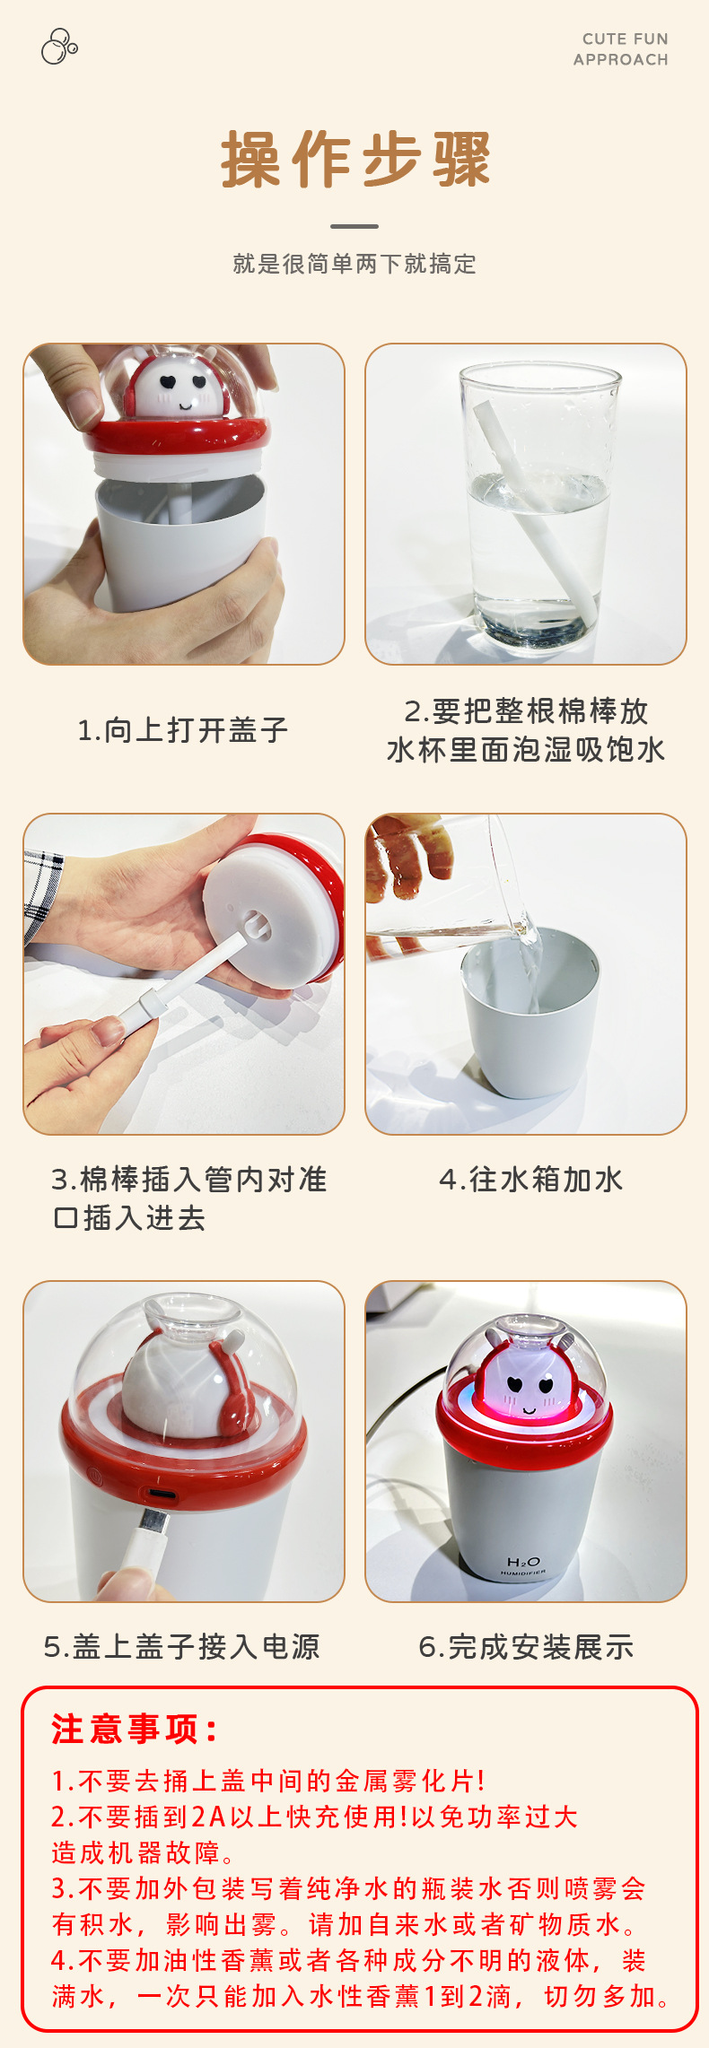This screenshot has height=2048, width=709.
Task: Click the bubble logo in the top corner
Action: tap(59, 47)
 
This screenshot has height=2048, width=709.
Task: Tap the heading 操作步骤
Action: tap(355, 160)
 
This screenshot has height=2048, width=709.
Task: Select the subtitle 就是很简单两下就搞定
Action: tap(354, 264)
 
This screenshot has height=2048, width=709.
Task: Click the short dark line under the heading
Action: tap(354, 226)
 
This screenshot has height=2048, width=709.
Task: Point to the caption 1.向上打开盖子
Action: tap(183, 730)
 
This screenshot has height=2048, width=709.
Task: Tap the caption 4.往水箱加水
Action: tap(531, 1180)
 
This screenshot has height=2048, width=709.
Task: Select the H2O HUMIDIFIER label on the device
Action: tap(523, 1566)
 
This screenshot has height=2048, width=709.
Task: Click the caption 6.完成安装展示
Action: tap(526, 1647)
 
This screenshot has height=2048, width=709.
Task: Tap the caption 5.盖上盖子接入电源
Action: tap(182, 1647)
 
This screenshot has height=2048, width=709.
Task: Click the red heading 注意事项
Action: tap(135, 1729)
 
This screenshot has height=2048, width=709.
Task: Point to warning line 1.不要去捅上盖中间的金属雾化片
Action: tap(268, 1781)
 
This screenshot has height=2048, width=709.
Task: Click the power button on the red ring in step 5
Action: tap(95, 1473)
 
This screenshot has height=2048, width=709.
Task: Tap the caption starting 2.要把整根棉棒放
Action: tap(526, 730)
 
